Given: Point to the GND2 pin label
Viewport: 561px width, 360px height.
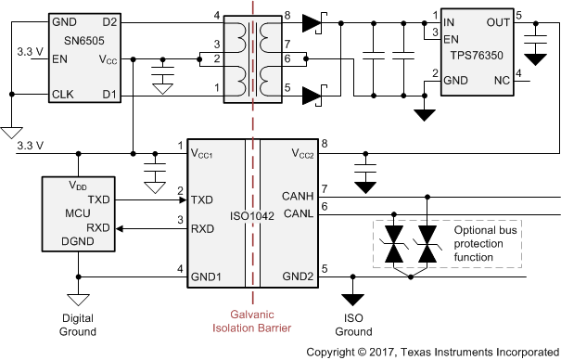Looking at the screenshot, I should pyautogui.click(x=298, y=276).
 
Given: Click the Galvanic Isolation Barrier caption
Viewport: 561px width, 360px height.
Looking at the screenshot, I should pyautogui.click(x=251, y=320).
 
